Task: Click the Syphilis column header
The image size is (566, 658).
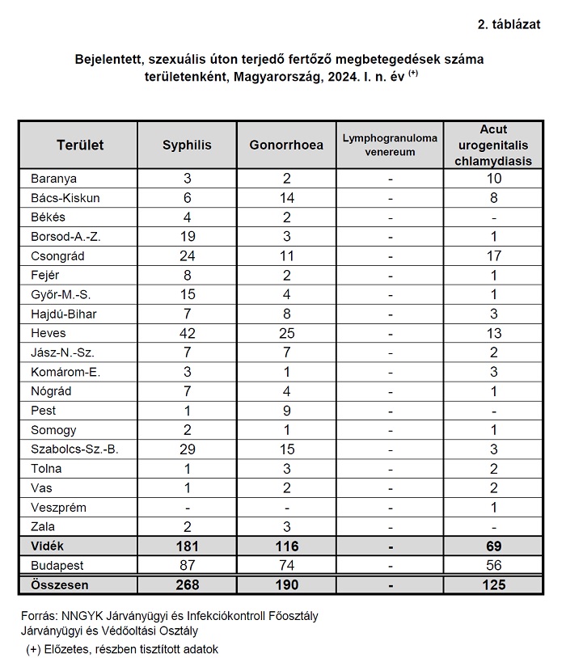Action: [187, 145]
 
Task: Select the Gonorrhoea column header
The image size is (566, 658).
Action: [286, 145]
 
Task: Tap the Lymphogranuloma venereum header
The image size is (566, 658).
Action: [390, 145]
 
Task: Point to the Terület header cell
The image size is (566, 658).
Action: [80, 145]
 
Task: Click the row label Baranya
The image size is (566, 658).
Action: [53, 178]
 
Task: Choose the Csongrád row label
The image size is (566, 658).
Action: [57, 255]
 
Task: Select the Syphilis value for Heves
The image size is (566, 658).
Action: [187, 333]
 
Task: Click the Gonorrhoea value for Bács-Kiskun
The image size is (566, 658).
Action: [286, 197]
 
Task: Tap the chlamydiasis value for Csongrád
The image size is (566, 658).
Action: [494, 255]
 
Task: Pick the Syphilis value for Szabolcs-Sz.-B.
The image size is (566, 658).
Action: [187, 449]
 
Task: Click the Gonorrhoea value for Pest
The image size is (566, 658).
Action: [286, 411]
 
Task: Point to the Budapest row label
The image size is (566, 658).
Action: [57, 566]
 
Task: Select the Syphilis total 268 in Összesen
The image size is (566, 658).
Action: [187, 584]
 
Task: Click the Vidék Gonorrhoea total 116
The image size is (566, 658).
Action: [286, 546]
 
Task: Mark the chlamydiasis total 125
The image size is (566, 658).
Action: [494, 584]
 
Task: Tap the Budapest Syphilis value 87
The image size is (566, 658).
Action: [187, 566]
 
